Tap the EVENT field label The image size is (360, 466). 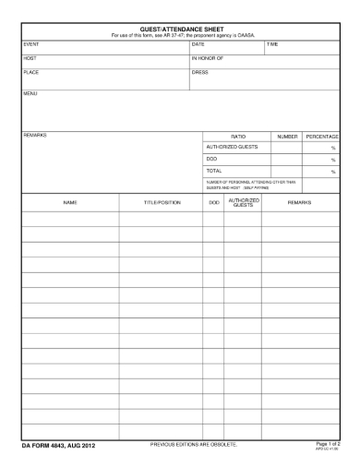tap(30, 43)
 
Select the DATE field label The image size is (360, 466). tap(198, 43)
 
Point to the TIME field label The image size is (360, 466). tap(272, 43)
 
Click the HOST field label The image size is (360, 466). tap(29, 58)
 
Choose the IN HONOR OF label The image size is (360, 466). tap(208, 58)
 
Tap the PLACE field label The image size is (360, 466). tap(30, 72)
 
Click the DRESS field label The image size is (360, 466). tap(199, 72)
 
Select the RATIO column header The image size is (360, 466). tap(237, 137)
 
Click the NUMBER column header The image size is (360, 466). tap(287, 137)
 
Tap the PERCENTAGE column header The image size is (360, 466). tap(323, 137)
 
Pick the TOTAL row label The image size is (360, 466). tap(214, 171)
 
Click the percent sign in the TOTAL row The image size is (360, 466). tap(332, 172)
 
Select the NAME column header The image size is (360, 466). tap(69, 201)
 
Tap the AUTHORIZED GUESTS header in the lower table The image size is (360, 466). tap(243, 201)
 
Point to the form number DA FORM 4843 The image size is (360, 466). tap(58, 447)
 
